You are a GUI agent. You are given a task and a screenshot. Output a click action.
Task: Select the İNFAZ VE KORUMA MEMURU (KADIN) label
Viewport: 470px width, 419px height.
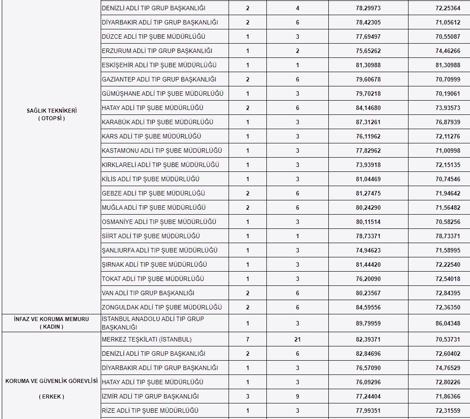(x=51, y=323)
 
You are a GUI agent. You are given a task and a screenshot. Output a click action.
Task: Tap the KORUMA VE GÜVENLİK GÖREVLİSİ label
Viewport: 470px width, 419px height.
(x=51, y=381)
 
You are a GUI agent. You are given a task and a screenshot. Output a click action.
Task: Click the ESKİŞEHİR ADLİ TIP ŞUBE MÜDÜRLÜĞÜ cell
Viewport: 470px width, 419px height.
(x=159, y=65)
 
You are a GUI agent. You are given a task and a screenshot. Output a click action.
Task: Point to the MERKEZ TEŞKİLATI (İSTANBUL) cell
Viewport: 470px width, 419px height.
(x=147, y=339)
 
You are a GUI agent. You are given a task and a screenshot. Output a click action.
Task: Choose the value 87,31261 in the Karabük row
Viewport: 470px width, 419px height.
(x=368, y=122)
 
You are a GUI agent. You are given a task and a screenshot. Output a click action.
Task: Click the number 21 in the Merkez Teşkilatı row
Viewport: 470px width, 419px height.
(x=298, y=339)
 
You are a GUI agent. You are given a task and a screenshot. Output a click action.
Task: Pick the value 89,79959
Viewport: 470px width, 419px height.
(x=368, y=323)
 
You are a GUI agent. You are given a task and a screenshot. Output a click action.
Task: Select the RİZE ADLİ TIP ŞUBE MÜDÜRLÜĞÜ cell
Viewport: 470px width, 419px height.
(x=150, y=411)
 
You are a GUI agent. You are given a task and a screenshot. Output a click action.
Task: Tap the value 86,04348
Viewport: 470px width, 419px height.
(x=448, y=323)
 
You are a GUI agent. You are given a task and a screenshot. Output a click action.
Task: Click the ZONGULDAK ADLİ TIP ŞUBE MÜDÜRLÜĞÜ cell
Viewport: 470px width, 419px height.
(x=162, y=307)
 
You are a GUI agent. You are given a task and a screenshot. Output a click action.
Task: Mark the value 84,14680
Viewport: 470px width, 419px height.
(x=368, y=108)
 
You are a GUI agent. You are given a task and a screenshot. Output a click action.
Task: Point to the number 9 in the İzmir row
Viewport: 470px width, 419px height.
(x=298, y=396)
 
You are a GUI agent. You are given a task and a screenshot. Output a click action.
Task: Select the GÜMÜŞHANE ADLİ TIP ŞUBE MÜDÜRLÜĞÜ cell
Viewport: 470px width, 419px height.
(x=163, y=94)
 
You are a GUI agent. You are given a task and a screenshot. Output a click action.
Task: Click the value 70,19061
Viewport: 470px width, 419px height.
(x=448, y=94)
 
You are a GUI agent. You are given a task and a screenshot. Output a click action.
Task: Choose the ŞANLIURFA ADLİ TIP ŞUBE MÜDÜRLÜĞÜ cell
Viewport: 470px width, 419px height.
(x=159, y=250)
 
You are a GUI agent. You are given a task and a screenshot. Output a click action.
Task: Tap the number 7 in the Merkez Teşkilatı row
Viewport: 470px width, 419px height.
(x=248, y=339)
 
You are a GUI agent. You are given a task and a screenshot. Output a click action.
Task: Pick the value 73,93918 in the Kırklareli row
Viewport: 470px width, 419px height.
(x=368, y=165)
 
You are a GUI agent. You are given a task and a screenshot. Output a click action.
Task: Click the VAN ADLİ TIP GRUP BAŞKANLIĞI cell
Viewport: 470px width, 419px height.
(x=148, y=293)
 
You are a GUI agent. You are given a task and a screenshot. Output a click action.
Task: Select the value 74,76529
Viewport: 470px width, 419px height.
(x=448, y=368)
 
